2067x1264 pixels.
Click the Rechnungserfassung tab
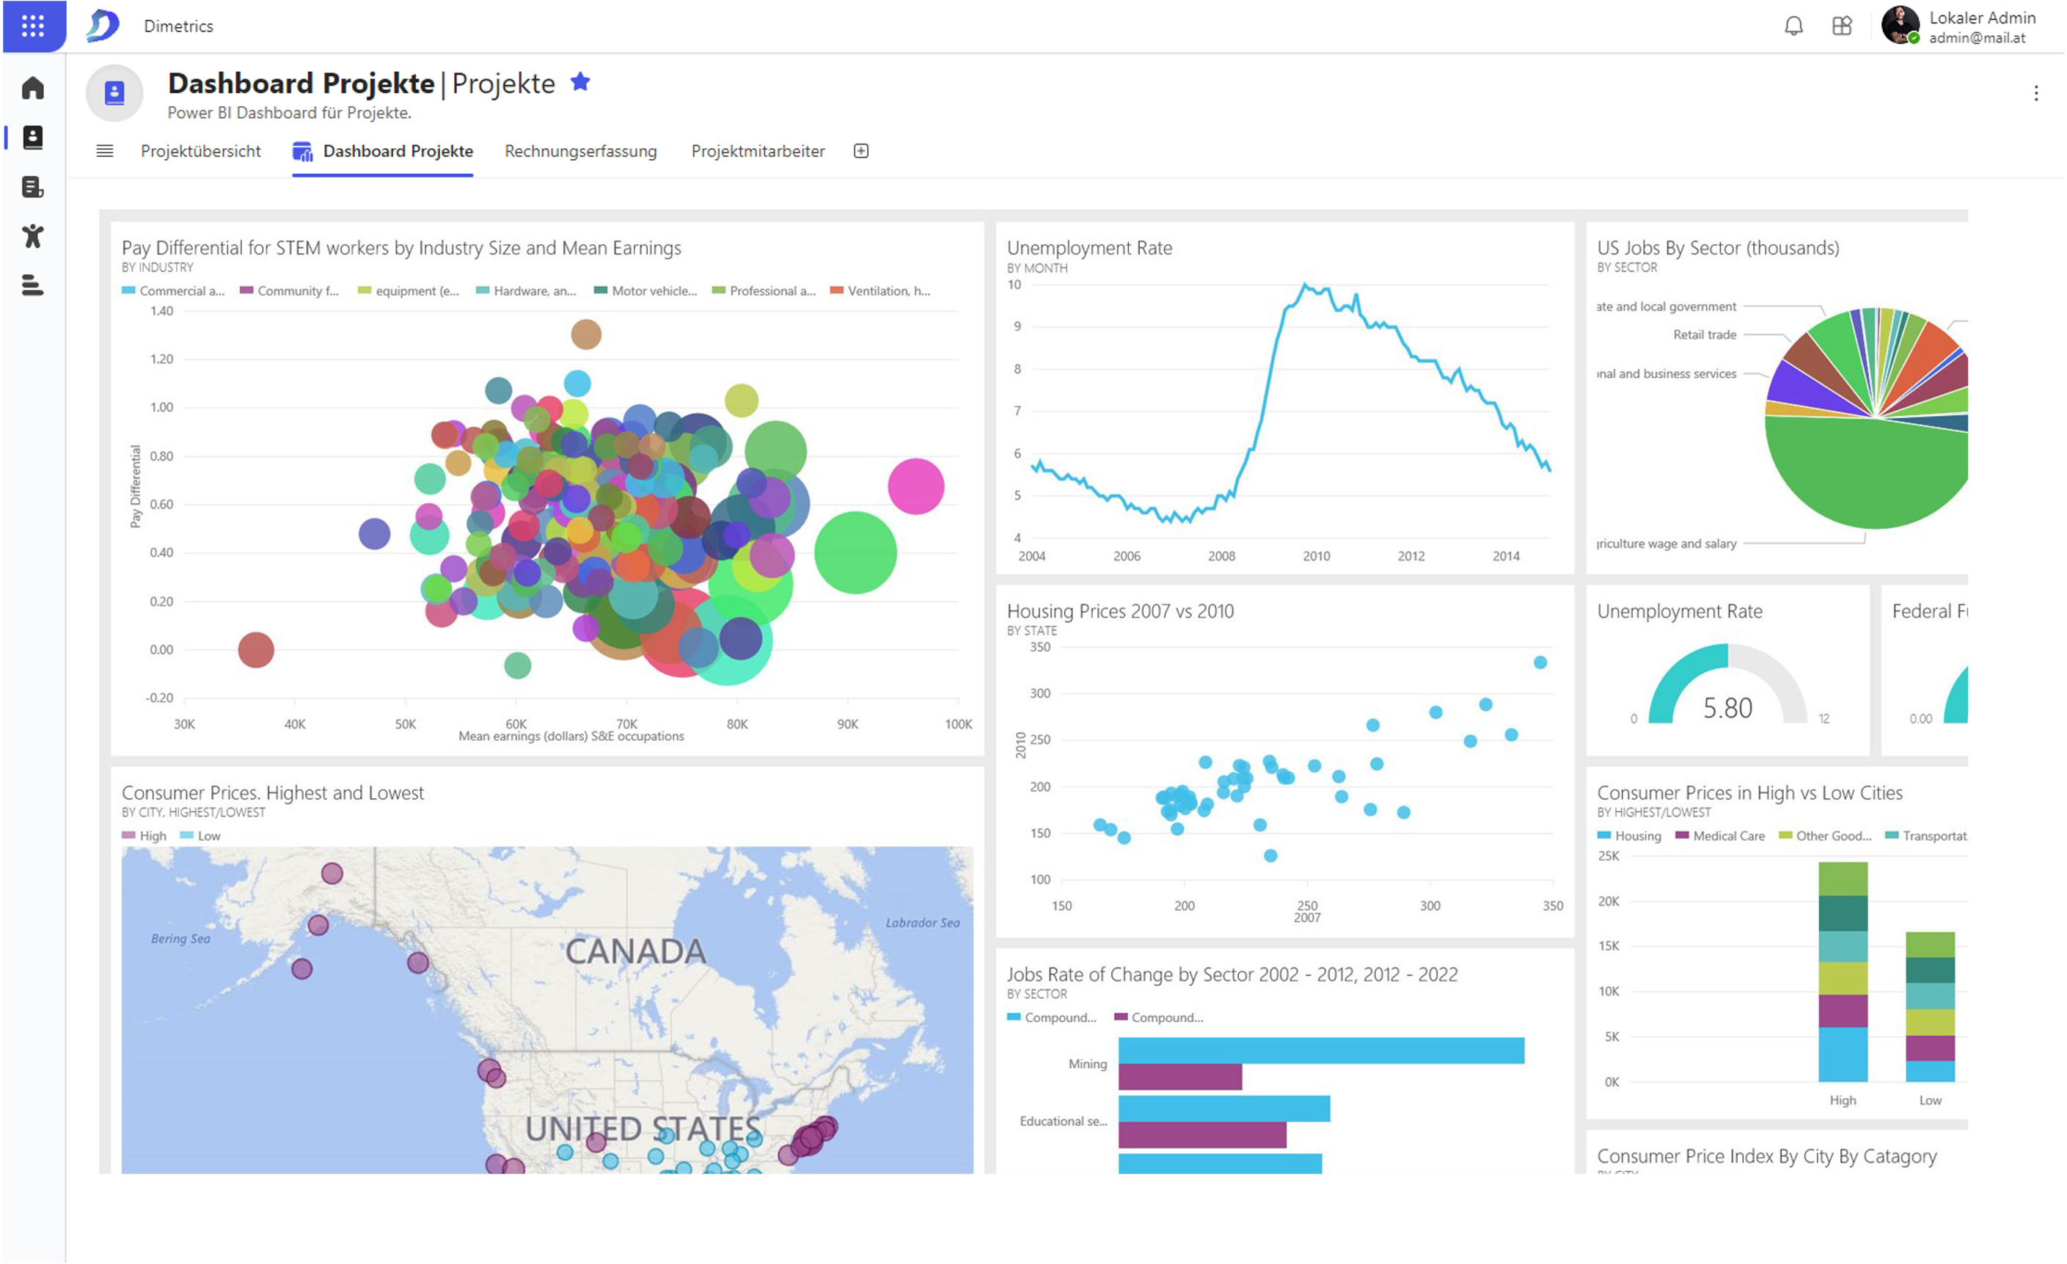580,151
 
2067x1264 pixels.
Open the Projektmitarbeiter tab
758,151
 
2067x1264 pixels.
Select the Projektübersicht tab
200,151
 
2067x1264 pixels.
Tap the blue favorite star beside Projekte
580,82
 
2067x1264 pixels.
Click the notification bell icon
1793,26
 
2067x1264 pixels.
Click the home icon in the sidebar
33,88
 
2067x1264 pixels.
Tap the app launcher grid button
33,26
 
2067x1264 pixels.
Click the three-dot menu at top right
2036,93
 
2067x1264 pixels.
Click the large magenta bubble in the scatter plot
916,486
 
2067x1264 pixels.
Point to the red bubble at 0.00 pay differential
256,650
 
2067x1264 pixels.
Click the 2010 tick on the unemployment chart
1316,556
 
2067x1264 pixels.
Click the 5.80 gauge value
1727,708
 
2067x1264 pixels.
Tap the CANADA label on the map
635,951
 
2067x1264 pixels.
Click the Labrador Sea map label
922,923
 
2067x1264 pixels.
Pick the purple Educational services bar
1202,1135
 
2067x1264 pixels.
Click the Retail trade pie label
1705,335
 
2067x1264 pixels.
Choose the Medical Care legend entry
1728,836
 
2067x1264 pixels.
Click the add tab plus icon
860,151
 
